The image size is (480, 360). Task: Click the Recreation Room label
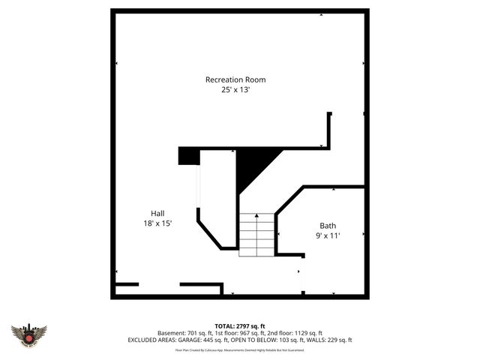(235, 79)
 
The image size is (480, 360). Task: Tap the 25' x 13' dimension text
(235, 90)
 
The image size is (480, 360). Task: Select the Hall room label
(157, 212)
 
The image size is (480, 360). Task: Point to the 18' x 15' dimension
(157, 223)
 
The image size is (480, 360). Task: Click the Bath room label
(328, 225)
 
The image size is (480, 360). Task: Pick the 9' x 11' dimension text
(328, 235)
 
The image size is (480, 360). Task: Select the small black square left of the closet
(188, 155)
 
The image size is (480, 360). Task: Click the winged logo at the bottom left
(28, 335)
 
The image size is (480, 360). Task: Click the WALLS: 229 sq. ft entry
(330, 340)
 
